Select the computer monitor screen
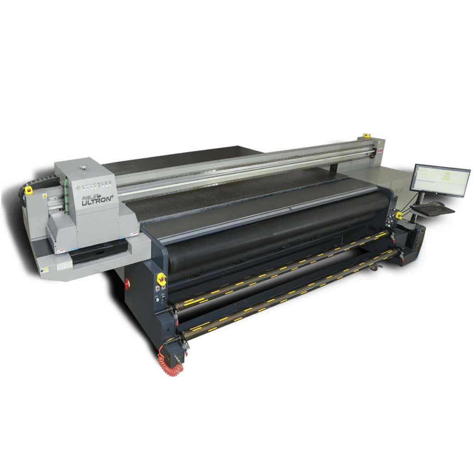(x=440, y=180)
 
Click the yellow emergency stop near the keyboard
(x=399, y=215)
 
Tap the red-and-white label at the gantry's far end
(x=380, y=150)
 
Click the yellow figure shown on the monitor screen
(x=446, y=177)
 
